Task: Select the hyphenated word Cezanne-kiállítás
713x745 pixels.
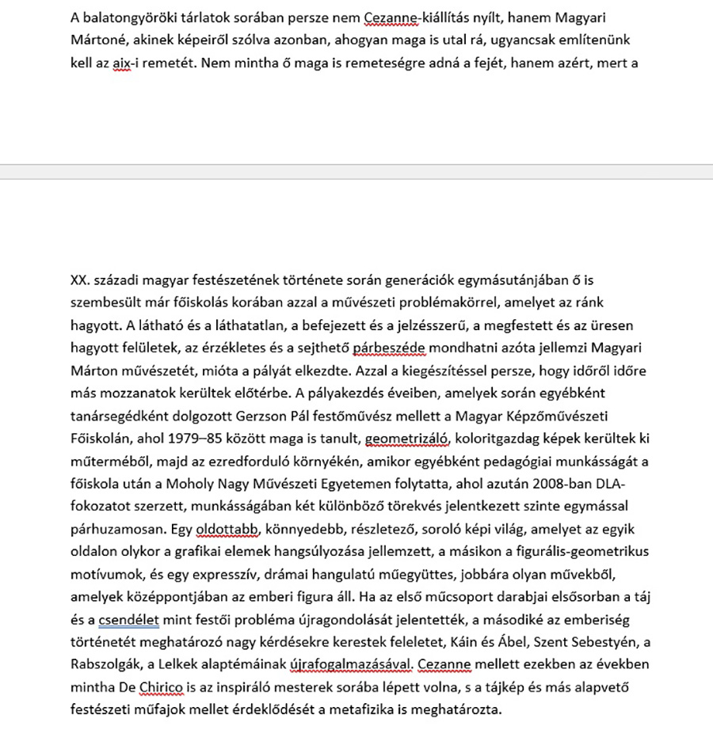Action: (420, 17)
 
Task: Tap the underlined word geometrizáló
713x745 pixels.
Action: (406, 438)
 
